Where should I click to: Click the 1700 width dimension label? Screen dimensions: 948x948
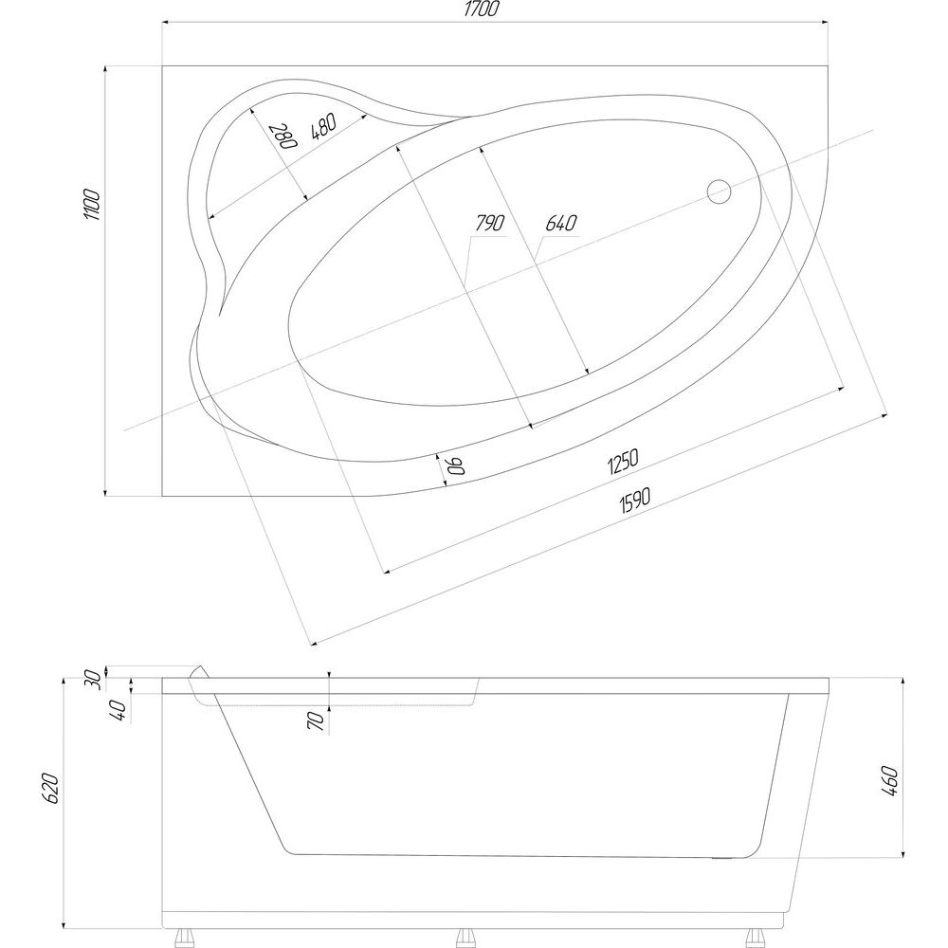point(482,9)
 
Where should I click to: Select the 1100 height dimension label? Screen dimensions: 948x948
point(92,204)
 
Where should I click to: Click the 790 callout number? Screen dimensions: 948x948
point(489,223)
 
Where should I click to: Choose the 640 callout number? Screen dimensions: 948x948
point(561,223)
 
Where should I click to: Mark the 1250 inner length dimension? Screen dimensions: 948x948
point(623,461)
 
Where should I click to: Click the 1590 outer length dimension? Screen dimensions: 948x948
point(634,501)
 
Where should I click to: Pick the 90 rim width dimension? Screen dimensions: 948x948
point(455,465)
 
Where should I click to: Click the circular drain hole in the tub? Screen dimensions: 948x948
point(719,191)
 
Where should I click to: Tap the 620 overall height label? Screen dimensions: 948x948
point(52,788)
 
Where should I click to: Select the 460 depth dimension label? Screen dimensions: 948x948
point(890,780)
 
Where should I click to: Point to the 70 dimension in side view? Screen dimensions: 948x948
point(317,721)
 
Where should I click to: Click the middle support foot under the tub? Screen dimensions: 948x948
point(465,938)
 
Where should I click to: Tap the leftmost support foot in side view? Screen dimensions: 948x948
point(183,938)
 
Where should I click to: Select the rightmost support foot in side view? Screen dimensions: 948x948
point(756,938)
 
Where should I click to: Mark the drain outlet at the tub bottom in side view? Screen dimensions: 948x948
point(721,858)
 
